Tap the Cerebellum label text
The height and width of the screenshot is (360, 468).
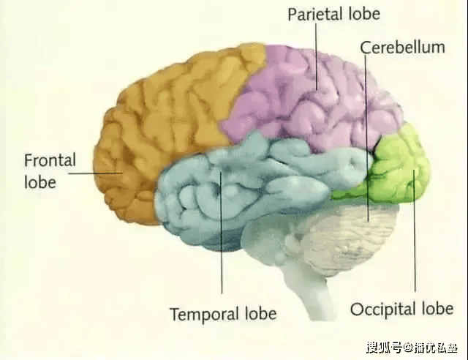[402, 48]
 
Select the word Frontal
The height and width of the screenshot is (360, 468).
[50, 160]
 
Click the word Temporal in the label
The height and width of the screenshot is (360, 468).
[205, 314]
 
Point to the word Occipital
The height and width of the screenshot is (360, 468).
[382, 309]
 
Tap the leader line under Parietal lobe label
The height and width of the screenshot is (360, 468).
[317, 56]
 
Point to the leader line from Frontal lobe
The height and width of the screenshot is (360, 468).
[96, 173]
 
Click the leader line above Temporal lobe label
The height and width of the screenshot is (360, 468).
[222, 232]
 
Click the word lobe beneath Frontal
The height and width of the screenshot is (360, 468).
[40, 182]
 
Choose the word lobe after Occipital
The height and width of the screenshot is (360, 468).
[437, 308]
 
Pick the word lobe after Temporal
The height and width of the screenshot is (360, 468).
[260, 314]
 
